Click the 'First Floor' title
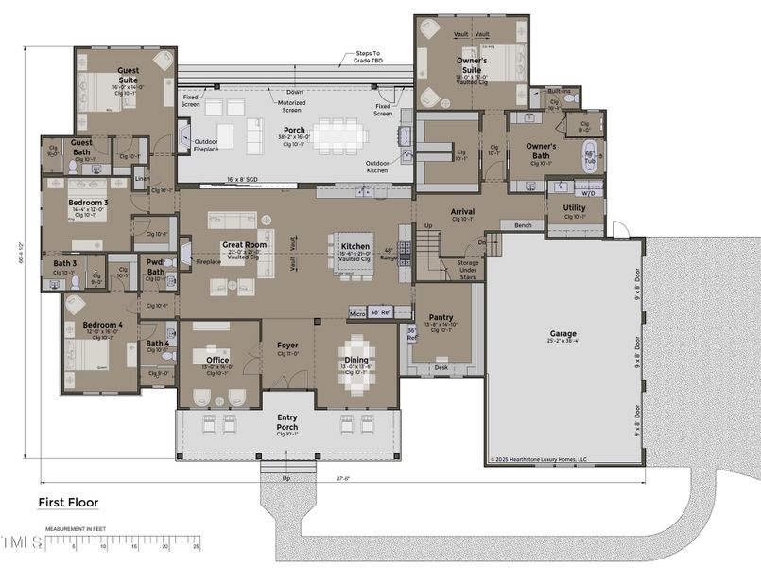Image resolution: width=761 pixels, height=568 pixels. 68,503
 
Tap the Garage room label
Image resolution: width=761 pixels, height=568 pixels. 563,334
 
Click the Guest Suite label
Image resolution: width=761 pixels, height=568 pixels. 129,74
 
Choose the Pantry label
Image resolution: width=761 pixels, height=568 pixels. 441,317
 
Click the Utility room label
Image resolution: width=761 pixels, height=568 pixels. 575,207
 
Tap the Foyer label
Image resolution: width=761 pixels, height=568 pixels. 287,346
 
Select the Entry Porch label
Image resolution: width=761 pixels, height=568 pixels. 287,421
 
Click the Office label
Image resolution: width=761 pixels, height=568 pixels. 218,359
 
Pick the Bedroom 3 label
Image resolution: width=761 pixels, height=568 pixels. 88,203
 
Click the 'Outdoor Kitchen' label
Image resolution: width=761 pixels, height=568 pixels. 383,167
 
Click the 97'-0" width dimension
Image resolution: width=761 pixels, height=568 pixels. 341,478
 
